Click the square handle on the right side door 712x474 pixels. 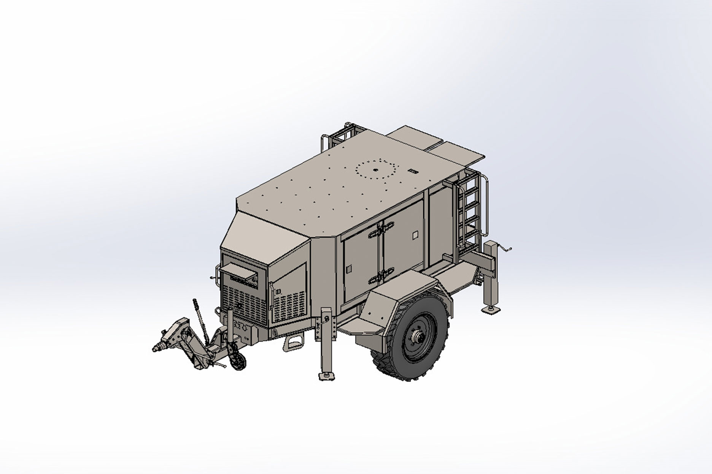414,235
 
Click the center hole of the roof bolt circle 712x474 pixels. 375,171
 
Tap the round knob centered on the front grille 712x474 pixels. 239,305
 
